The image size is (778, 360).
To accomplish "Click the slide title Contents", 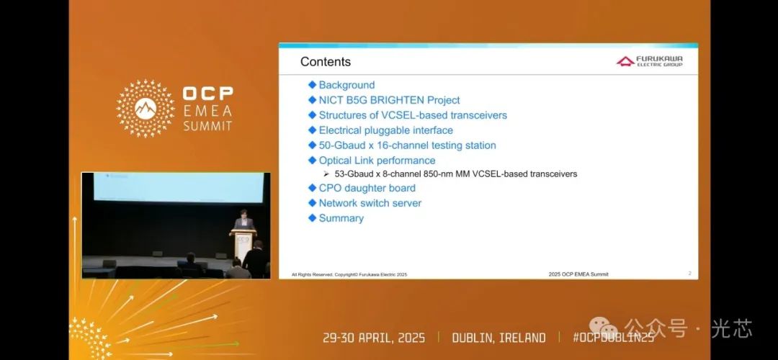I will tap(326, 62).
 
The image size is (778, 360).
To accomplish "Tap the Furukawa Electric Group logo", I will tap(649, 61).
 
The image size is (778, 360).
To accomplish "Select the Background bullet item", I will tap(346, 85).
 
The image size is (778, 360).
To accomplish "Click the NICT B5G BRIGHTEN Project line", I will tap(389, 100).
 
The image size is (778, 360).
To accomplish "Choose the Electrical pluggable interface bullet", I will tap(385, 130).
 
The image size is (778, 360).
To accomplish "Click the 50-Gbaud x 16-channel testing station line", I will tap(407, 145).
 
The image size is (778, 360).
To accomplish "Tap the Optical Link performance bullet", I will tap(377, 161).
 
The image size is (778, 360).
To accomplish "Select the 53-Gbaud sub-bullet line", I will tap(455, 174).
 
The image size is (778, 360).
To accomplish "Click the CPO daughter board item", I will tap(367, 188).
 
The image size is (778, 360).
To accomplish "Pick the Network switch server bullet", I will tap(370, 203).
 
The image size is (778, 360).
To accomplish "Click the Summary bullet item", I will tap(341, 218).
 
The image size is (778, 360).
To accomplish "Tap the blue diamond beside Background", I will tap(313, 85).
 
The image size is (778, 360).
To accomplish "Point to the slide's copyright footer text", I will tap(349, 274).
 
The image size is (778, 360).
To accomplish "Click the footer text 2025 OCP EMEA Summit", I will tap(578, 274).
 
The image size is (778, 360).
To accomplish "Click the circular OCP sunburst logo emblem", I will tap(146, 108).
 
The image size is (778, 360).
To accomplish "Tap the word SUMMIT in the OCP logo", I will tap(207, 125).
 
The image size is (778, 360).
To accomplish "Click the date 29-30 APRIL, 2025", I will tap(374, 338).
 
